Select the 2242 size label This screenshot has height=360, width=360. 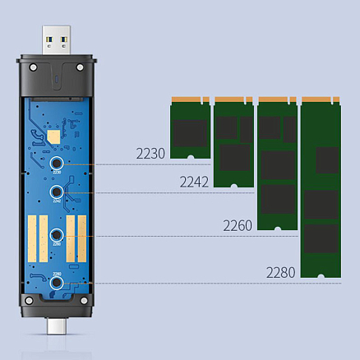pos(195,180)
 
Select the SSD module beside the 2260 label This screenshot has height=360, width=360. pos(277,163)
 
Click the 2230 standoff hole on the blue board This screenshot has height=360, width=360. pos(56,164)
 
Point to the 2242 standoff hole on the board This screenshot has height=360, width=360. pos(56,193)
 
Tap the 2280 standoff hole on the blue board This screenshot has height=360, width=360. pos(56,283)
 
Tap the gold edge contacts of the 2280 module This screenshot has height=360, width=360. pos(321,100)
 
